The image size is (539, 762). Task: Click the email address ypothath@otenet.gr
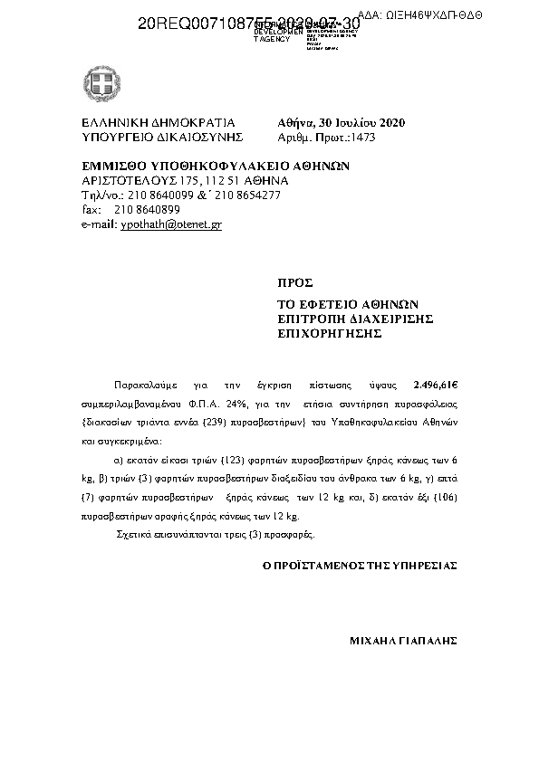[171, 224]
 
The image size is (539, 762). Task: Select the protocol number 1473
[362, 138]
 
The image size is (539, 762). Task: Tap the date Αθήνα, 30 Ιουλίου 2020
[342, 123]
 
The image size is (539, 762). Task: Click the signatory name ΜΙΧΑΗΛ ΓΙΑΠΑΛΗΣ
[403, 640]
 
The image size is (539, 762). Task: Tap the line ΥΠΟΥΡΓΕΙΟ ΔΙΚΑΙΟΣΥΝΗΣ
[163, 138]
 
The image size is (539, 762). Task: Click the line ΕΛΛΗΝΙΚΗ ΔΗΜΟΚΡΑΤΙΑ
[159, 123]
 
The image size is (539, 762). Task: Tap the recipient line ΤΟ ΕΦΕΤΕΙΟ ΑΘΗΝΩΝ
[342, 304]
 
